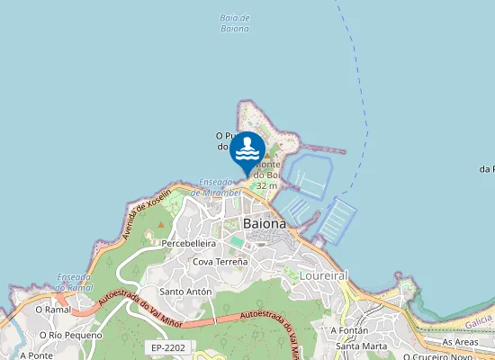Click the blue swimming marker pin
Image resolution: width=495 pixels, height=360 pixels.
point(247,151)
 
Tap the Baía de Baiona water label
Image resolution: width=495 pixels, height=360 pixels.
point(235,23)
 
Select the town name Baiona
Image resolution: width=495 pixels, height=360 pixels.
point(265,223)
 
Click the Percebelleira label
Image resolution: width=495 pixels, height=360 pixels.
point(188,243)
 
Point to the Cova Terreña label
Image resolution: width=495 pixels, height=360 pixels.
point(220,261)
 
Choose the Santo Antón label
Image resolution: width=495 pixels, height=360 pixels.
point(185,292)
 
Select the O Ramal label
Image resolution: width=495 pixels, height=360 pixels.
point(52,309)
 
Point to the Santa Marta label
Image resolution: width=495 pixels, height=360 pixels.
point(361,346)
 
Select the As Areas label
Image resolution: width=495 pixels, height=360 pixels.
point(459,343)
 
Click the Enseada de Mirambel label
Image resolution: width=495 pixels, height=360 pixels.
point(220,186)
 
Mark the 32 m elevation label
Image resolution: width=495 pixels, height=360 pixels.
point(266,185)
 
